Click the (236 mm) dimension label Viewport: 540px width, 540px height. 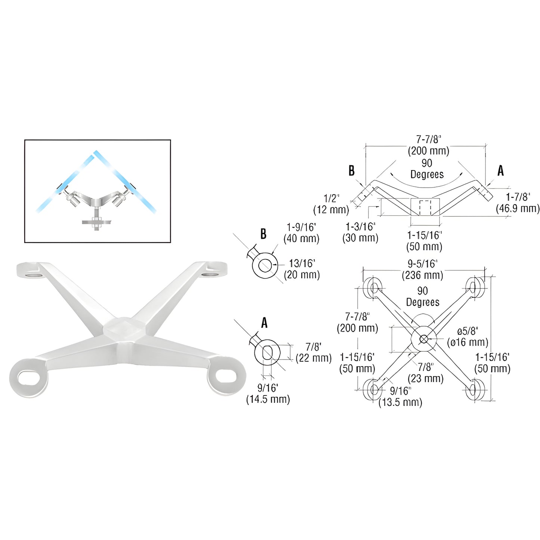[x=422, y=275]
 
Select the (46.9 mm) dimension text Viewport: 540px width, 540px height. [x=518, y=209]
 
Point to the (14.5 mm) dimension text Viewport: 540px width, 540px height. [x=268, y=399]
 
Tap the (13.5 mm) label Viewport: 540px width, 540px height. [x=400, y=402]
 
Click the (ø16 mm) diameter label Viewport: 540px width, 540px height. [x=468, y=342]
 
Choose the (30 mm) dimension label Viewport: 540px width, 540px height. [x=360, y=238]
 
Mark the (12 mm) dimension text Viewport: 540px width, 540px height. [x=331, y=210]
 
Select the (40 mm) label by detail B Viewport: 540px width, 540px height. [x=301, y=238]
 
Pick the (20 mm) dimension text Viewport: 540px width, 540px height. [x=302, y=275]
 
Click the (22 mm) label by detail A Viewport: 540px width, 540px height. [x=314, y=358]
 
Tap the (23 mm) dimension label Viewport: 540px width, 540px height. [x=426, y=379]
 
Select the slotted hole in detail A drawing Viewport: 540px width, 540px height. [x=267, y=352]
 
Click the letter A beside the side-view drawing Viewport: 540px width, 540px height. [x=500, y=171]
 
